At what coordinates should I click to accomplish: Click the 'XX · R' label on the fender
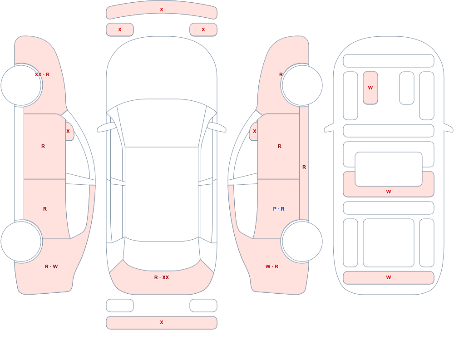tap(42, 74)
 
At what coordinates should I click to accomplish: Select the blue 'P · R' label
tap(279, 209)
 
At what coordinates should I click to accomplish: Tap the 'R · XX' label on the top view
tap(162, 277)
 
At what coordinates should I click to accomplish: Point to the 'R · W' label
tap(51, 266)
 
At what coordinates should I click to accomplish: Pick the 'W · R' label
tap(272, 266)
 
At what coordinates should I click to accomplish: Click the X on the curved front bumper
tap(162, 10)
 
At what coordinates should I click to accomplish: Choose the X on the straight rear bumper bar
tap(162, 322)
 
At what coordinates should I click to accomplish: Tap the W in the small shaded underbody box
tap(370, 88)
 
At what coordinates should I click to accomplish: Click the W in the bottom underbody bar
tap(389, 277)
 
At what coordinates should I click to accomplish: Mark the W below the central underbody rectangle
tap(389, 192)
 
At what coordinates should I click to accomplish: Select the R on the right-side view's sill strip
tap(304, 167)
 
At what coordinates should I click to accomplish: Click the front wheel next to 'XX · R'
tap(21, 85)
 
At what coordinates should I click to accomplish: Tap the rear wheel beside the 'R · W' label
tap(21, 241)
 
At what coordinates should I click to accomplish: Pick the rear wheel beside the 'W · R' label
tap(302, 241)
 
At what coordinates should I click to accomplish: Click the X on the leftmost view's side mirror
tap(68, 131)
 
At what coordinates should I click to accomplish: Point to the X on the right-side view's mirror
tap(255, 131)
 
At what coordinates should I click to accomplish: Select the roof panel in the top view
tap(162, 193)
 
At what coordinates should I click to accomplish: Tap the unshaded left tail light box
tap(120, 306)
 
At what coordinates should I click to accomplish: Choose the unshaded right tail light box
tap(203, 306)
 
